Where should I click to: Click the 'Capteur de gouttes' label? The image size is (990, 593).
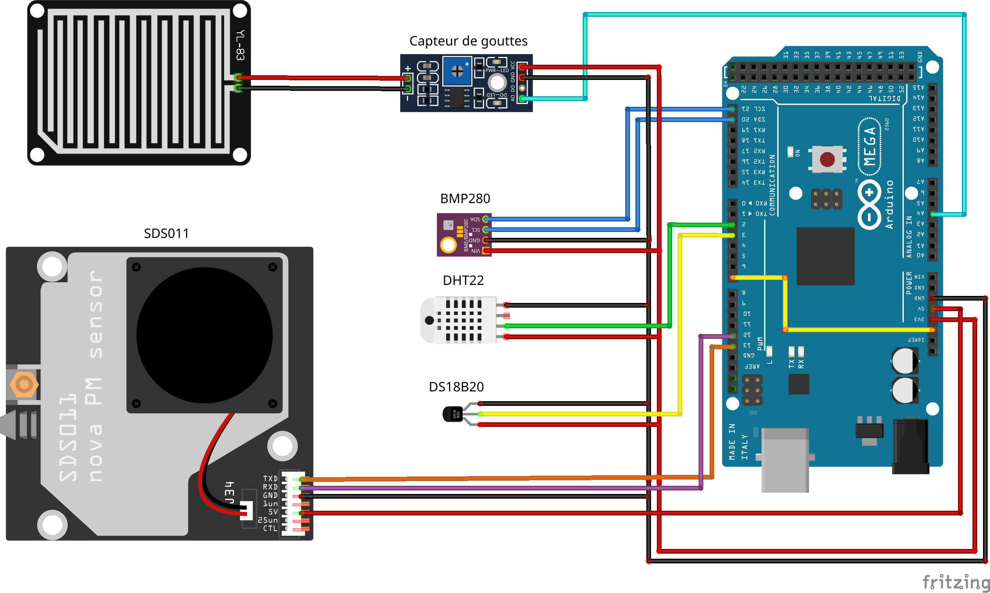click(468, 41)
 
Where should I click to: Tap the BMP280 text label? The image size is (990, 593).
click(465, 198)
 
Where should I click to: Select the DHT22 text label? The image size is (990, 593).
click(463, 280)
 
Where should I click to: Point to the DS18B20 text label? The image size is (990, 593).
click(456, 386)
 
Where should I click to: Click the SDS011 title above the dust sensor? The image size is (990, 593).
click(166, 234)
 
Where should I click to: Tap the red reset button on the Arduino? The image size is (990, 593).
click(827, 159)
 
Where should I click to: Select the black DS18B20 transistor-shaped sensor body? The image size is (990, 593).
click(452, 414)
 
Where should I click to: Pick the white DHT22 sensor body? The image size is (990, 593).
click(458, 320)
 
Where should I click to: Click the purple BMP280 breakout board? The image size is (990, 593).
click(464, 235)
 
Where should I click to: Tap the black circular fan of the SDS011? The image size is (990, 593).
click(204, 335)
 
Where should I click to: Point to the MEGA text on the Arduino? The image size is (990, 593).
click(869, 146)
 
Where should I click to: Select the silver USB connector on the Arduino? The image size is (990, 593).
click(784, 460)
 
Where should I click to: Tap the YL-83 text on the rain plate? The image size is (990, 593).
click(240, 45)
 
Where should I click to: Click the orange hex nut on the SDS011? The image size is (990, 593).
click(24, 384)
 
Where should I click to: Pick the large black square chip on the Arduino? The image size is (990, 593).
click(825, 256)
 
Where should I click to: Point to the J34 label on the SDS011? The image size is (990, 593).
click(229, 493)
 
